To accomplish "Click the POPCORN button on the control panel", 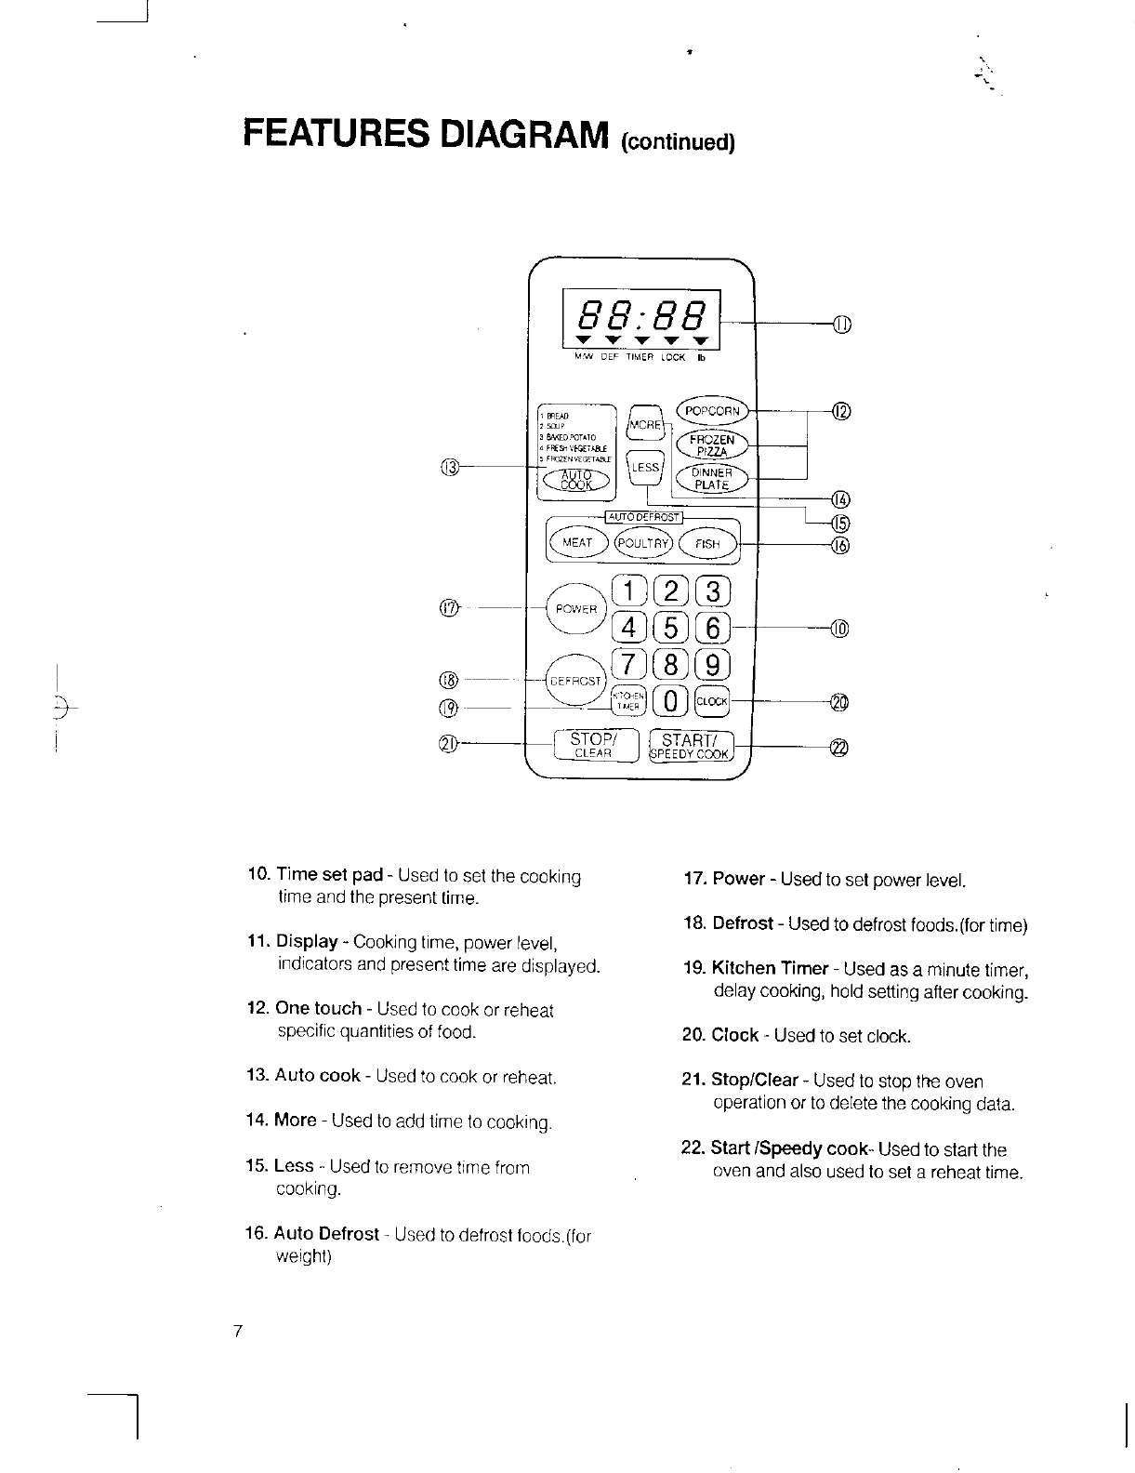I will coord(712,411).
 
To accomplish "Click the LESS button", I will coord(644,468).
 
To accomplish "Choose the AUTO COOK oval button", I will coord(576,478).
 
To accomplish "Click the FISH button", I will coord(707,543).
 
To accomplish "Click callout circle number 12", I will coord(840,412).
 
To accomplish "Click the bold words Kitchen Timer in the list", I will coord(770,969).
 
